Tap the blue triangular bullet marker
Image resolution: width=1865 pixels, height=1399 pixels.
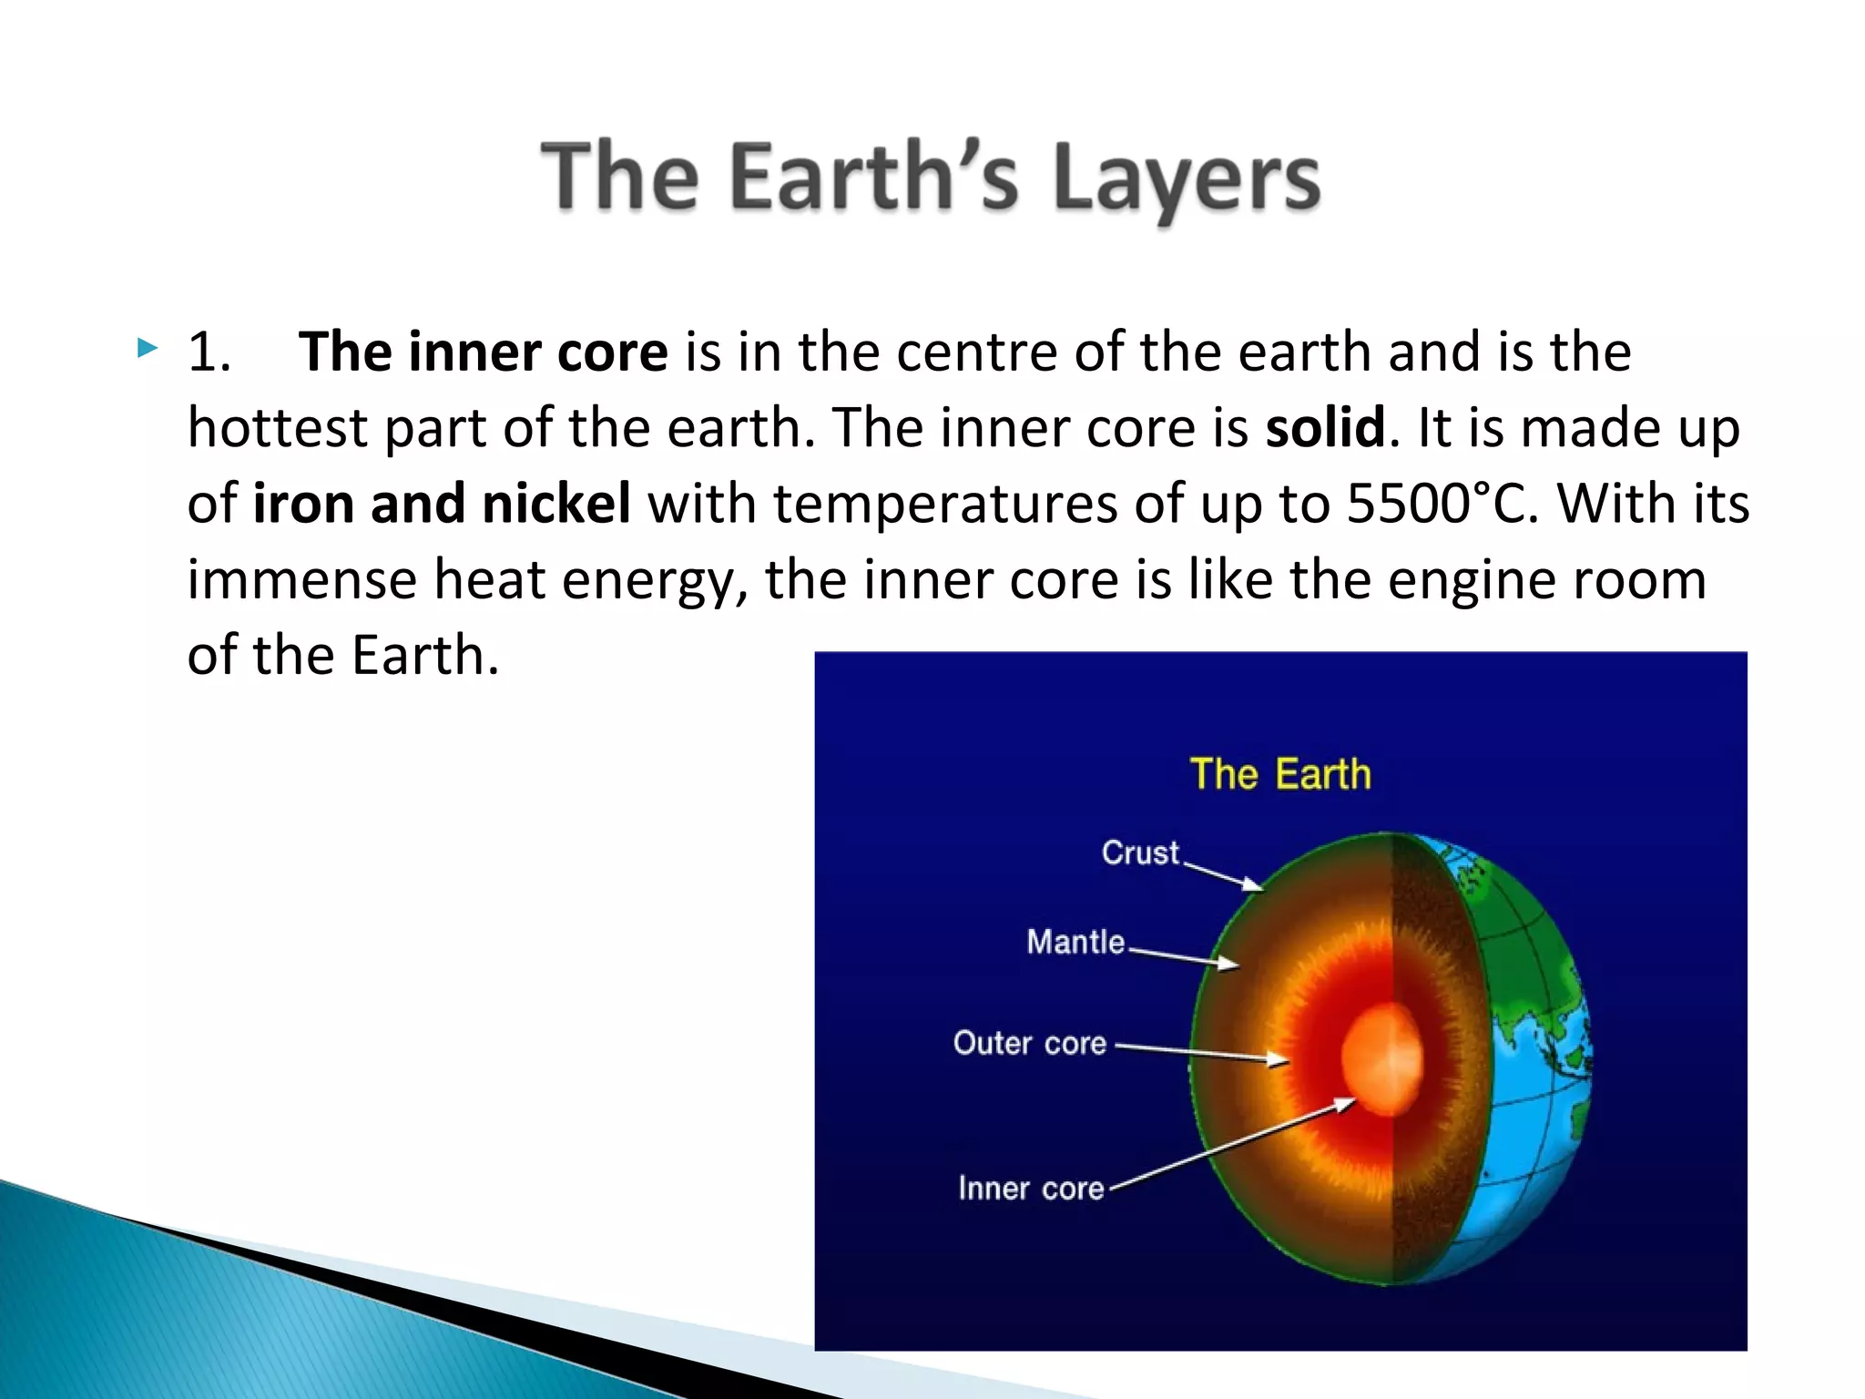148,347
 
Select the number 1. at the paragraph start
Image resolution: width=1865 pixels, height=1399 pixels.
209,352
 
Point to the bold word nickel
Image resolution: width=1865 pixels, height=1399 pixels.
555,503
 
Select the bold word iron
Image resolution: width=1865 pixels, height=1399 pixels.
302,503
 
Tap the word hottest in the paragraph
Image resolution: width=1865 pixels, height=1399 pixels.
277,428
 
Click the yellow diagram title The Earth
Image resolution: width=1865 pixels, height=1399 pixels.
1279,774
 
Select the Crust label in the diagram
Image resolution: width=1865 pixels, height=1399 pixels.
1140,853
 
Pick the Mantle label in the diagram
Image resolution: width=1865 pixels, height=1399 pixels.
1075,941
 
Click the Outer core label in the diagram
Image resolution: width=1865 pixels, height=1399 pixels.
1029,1043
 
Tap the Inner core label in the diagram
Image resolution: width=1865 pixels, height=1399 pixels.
1031,1189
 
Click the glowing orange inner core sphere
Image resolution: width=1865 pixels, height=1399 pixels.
1382,1059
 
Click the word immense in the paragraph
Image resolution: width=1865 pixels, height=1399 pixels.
301,579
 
